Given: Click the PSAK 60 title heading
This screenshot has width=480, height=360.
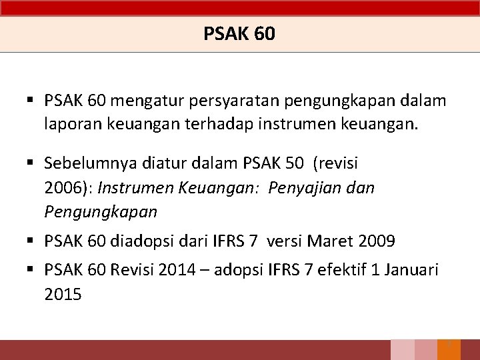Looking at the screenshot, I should tap(239, 33).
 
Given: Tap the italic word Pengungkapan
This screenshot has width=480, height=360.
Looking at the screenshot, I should tap(101, 212).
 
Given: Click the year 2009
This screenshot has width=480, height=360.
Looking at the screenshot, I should tap(376, 240).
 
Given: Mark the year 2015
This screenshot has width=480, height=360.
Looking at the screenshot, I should tap(63, 294).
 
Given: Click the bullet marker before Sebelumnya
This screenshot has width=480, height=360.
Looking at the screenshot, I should tap(31, 163).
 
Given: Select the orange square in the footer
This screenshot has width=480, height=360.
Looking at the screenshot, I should tap(449, 350).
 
